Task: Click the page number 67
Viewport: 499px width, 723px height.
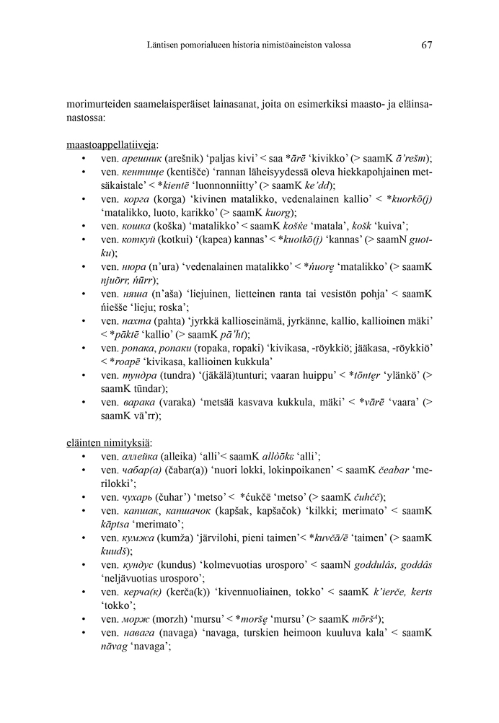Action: pyautogui.click(x=426, y=45)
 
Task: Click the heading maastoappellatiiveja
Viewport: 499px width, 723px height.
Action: pyautogui.click(x=112, y=144)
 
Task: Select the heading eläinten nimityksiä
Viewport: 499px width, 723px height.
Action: pyautogui.click(x=109, y=442)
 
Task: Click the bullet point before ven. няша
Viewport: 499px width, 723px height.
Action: pyautogui.click(x=85, y=294)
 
